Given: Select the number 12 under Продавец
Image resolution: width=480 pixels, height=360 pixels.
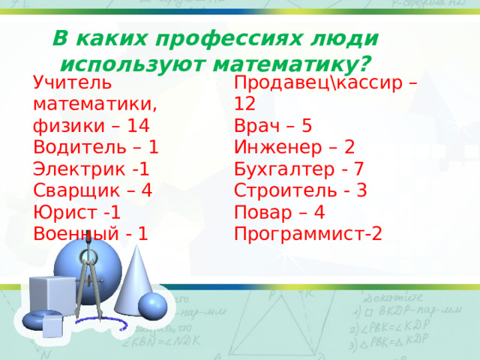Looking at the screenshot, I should coord(244,103).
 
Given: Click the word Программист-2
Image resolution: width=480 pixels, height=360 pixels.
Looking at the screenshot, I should coord(307,233).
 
